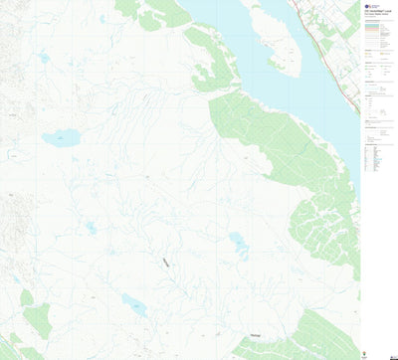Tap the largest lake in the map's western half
point(59,138)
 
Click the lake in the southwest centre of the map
point(134,305)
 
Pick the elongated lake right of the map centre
point(239,245)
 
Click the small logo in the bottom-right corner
point(390,353)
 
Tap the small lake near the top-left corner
point(43,58)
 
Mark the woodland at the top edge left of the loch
point(154,14)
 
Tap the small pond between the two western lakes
point(91,228)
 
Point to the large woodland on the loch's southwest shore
point(269,144)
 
